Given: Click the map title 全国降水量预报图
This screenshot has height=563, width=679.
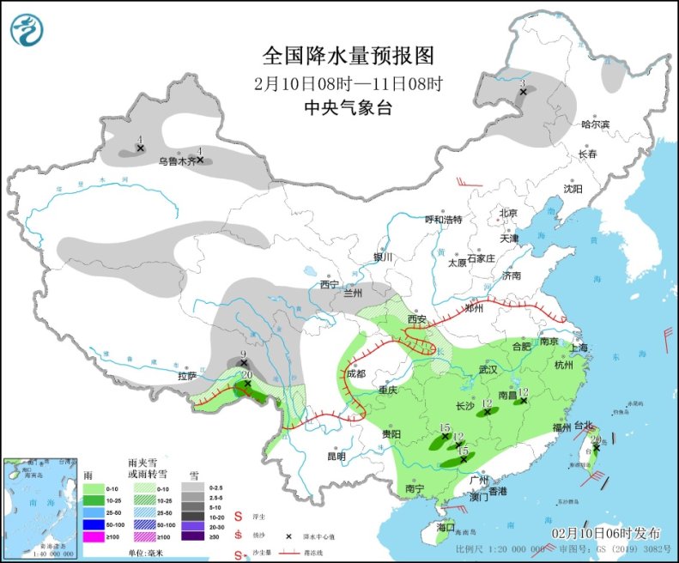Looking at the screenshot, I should click(x=348, y=56).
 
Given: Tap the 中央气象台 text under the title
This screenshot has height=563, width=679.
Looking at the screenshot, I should click(x=348, y=107).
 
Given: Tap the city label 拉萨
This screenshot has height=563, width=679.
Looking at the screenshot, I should click(x=187, y=376).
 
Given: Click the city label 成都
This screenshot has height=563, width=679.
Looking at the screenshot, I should click(x=355, y=374).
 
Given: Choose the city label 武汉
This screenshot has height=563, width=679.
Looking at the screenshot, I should click(x=488, y=369).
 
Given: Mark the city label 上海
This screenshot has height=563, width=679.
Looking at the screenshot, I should click(x=578, y=348).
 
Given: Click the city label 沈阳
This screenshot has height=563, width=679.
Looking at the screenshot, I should click(x=573, y=188).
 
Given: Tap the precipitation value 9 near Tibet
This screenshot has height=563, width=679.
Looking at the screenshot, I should click(x=244, y=354).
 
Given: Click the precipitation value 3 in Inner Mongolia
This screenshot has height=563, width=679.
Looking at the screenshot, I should click(x=522, y=83).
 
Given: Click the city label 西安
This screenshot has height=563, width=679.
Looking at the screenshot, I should click(x=417, y=319).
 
